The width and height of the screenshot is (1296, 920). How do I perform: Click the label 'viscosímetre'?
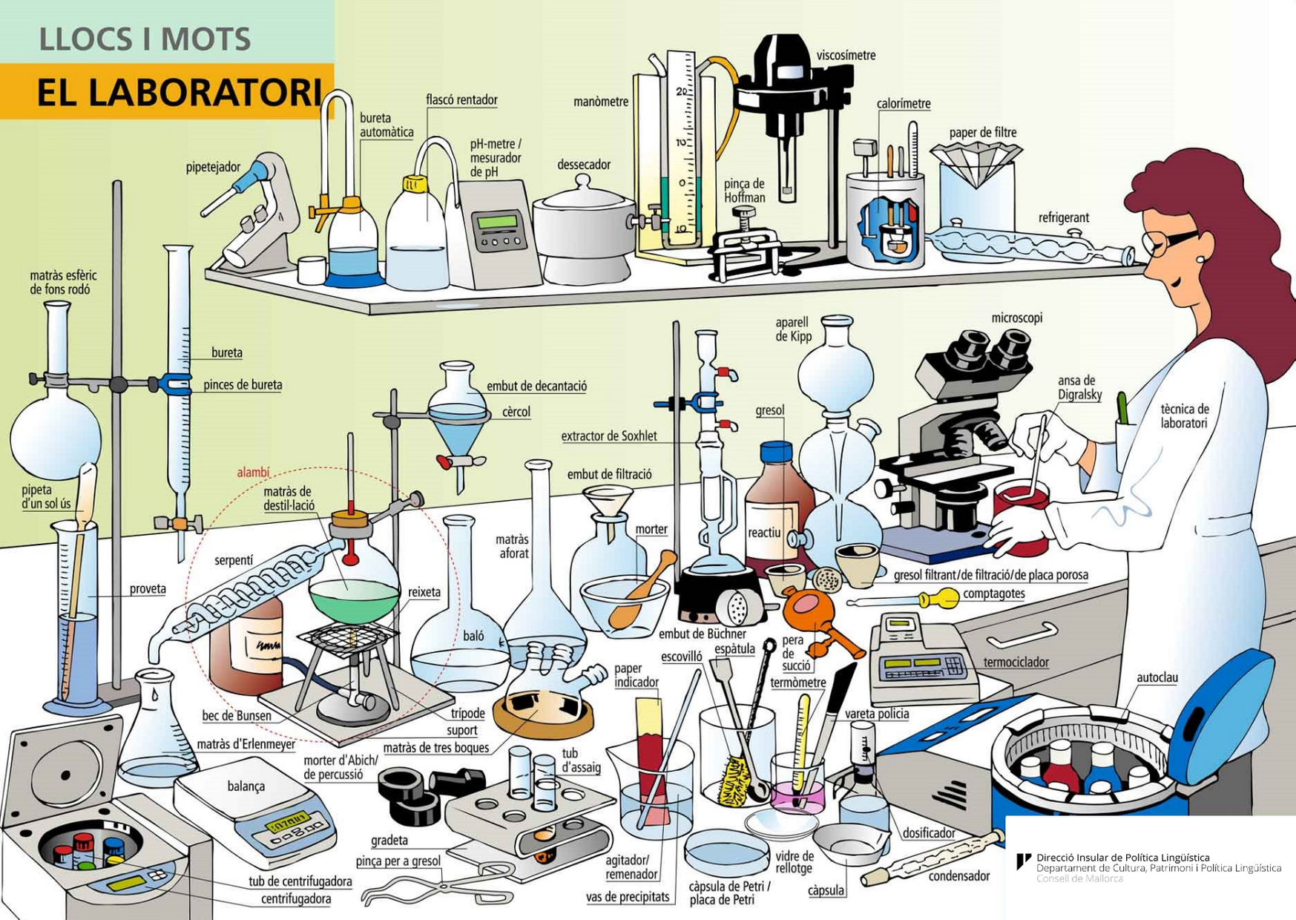pos(846,56)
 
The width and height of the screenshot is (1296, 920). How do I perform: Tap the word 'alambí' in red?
pos(253,473)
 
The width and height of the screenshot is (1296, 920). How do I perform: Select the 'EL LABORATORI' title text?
pos(178,93)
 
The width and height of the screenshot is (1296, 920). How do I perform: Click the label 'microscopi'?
pos(1016,318)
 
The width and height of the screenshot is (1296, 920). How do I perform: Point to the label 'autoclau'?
pos(1157,678)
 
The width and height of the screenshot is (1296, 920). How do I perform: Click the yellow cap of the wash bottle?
pos(412,183)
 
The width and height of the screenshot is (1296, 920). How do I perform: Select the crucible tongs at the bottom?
pos(438,884)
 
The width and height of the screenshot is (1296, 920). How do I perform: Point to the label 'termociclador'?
pos(1016,663)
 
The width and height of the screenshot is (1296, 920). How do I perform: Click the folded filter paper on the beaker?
pos(976,162)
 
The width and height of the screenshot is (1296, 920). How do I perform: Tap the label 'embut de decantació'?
pos(536,387)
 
